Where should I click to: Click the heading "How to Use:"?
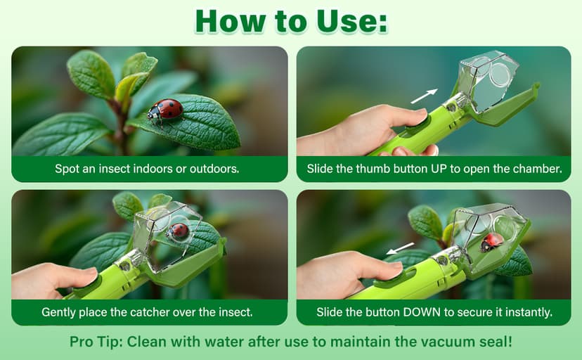click(291, 22)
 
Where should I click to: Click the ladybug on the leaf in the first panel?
click(165, 110)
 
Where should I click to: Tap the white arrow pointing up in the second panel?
click(424, 96)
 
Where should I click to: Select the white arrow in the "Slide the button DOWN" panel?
click(400, 249)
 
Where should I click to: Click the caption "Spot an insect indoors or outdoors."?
click(147, 169)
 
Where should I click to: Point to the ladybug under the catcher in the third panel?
click(179, 231)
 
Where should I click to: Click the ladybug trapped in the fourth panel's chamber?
click(491, 242)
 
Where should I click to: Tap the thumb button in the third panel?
click(83, 281)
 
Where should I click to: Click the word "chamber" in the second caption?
click(533, 169)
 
